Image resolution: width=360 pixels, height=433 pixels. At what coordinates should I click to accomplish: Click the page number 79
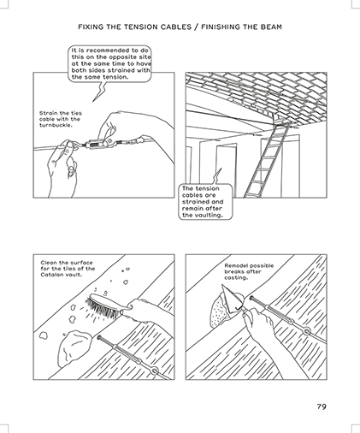322,406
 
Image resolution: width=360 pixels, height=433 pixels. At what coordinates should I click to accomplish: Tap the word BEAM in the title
271,27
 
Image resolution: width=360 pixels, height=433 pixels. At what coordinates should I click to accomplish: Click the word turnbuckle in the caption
54,126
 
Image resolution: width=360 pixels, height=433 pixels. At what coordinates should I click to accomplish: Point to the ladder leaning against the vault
264,161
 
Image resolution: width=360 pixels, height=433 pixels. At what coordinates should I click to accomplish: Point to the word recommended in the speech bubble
109,50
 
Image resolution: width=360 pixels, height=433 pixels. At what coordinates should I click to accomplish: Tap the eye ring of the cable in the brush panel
155,371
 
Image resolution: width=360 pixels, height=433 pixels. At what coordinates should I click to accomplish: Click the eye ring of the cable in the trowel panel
307,332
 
